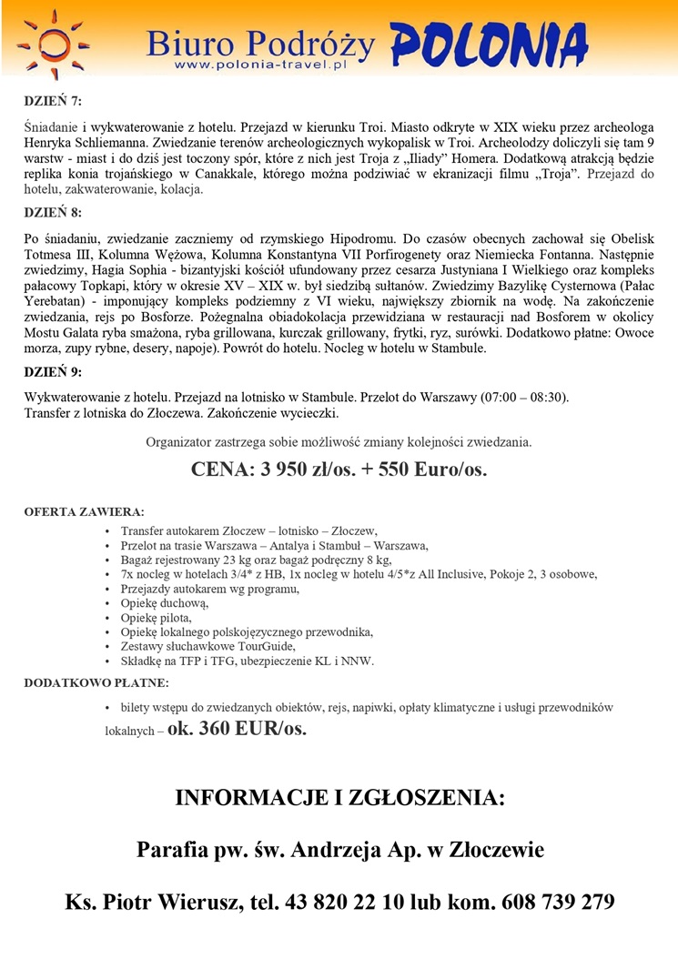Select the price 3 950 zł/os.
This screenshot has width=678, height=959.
coord(291,469)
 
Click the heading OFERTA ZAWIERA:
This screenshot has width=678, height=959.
coord(83,511)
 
